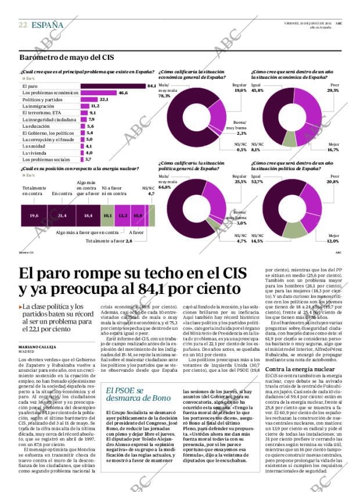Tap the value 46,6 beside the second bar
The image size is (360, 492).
click(123, 93)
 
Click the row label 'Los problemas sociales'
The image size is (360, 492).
click(46, 159)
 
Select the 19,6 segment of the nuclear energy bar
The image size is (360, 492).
click(34, 216)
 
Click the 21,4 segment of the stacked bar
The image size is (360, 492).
click(62, 216)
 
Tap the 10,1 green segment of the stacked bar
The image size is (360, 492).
click(107, 216)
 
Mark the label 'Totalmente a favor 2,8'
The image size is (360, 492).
click(109, 240)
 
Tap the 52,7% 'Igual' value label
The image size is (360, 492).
click(258, 182)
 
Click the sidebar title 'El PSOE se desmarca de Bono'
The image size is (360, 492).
click(130, 394)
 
